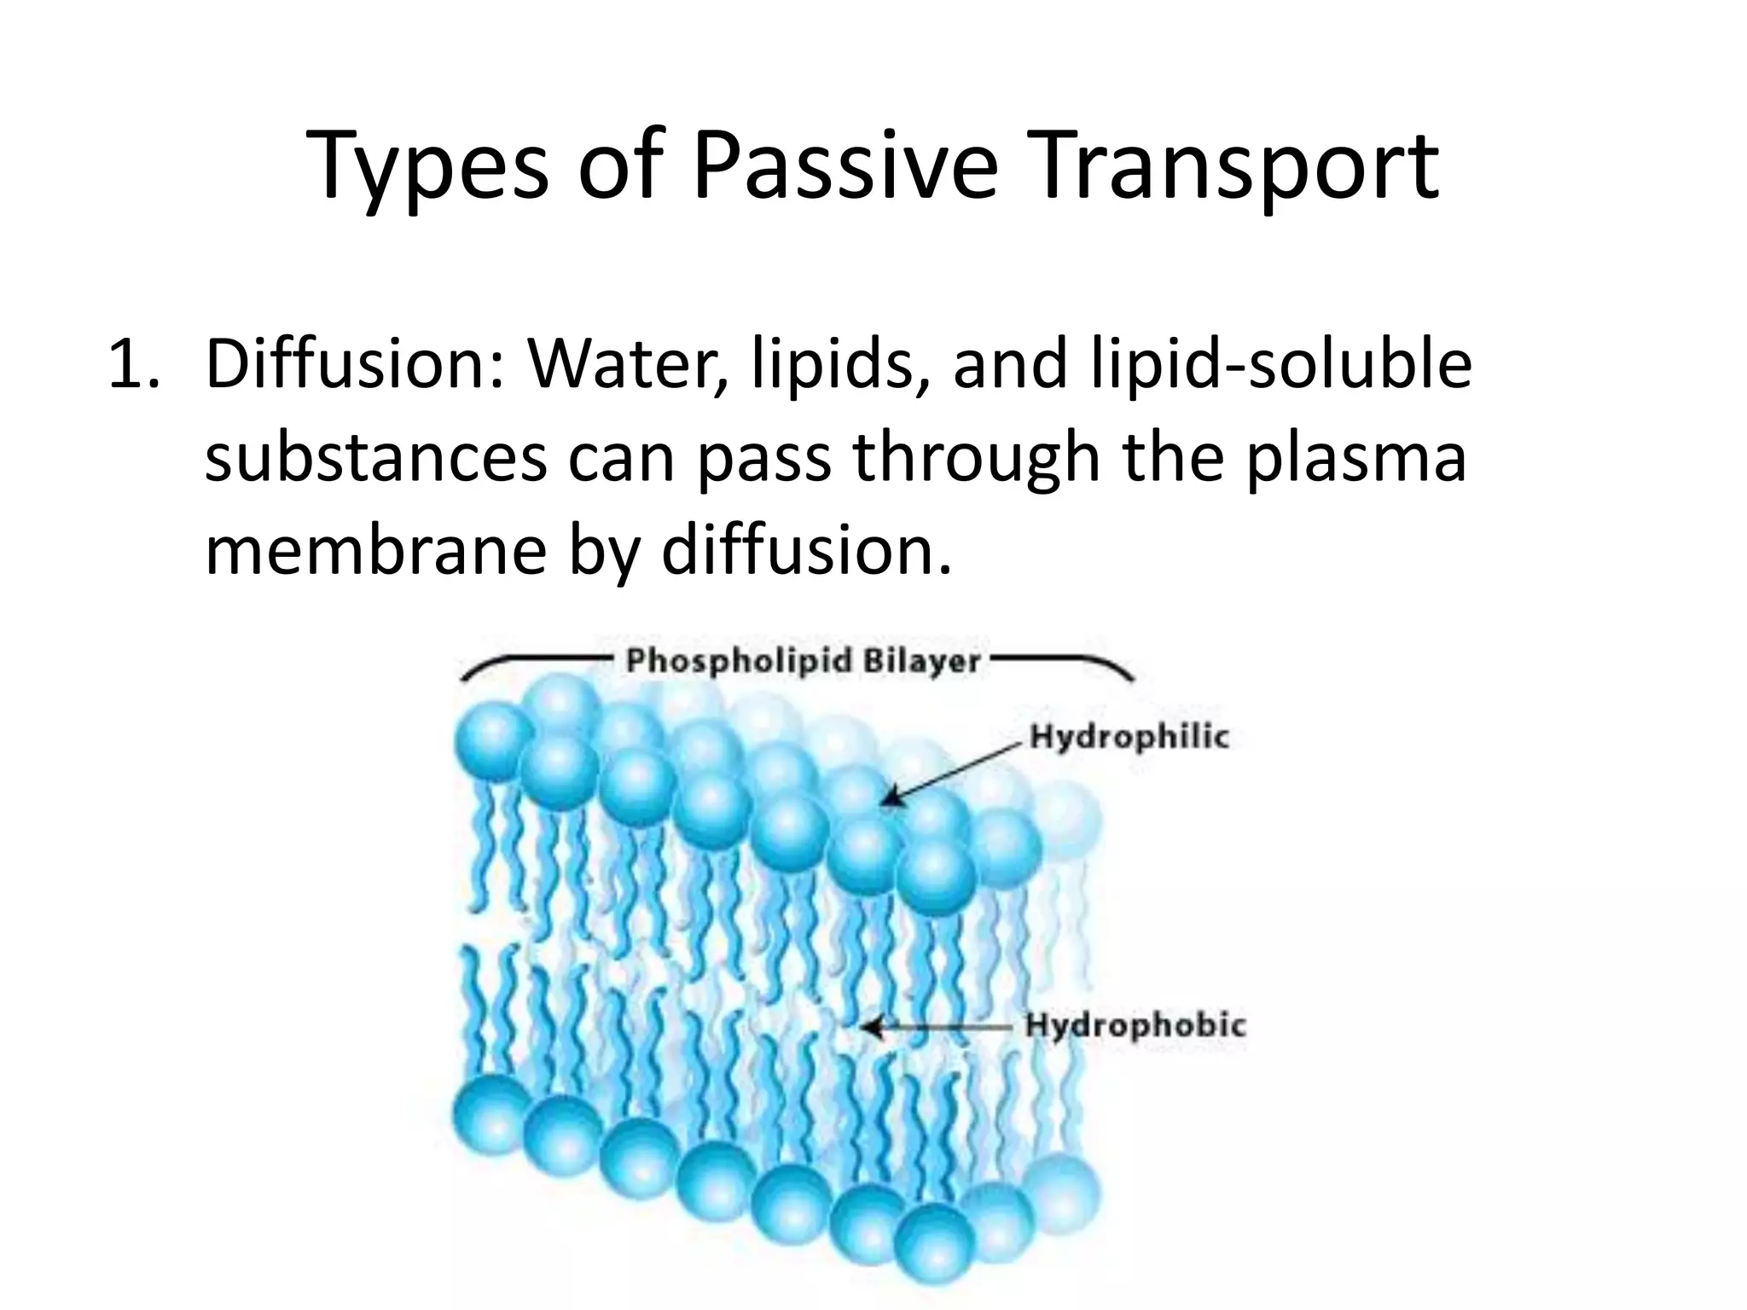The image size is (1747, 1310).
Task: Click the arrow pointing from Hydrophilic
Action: click(x=951, y=772)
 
